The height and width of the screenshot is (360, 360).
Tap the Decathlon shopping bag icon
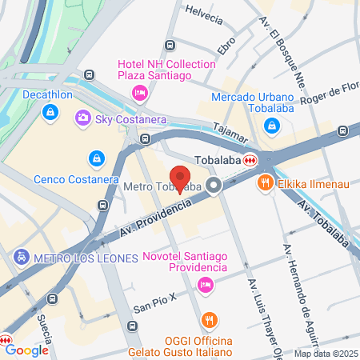click(51, 113)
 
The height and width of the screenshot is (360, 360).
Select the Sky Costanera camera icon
click(82, 118)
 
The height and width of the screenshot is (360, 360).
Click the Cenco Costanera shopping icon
click(97, 158)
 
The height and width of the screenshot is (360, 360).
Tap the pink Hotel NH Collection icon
click(139, 92)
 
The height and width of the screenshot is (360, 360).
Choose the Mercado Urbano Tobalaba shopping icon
click(272, 126)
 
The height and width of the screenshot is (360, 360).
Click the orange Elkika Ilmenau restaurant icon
click(265, 183)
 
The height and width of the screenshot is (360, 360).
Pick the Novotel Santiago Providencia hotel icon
click(206, 284)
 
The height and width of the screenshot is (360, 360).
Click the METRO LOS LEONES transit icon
click(20, 258)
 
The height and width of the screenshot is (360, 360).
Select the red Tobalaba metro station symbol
click(250, 159)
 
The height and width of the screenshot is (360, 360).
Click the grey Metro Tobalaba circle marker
click(214, 186)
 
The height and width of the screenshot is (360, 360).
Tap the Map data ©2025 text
click(324, 354)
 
